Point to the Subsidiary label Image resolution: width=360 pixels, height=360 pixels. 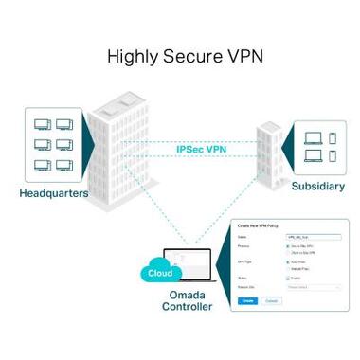click(x=317, y=186)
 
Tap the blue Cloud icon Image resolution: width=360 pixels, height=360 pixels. click(x=160, y=274)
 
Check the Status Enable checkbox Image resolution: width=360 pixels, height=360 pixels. click(x=287, y=278)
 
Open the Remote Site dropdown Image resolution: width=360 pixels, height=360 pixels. click(x=312, y=286)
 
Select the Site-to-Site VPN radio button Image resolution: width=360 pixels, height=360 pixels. click(x=287, y=246)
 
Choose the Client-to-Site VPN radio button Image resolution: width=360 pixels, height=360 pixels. click(x=287, y=254)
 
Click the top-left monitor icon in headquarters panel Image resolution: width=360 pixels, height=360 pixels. click(x=42, y=124)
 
